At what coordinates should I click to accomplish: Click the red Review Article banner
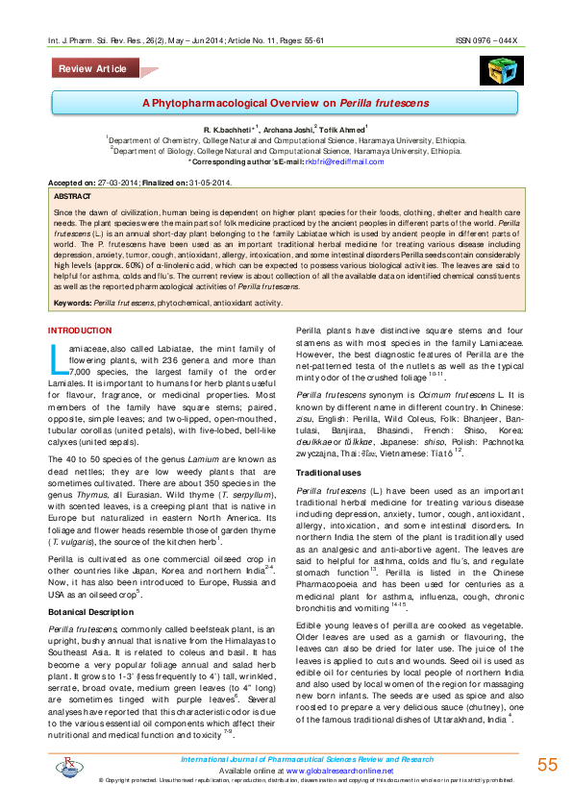coord(92,69)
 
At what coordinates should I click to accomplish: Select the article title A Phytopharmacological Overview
coord(286,102)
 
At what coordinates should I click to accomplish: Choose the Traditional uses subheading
coord(328,474)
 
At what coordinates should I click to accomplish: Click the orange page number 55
coord(547,764)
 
